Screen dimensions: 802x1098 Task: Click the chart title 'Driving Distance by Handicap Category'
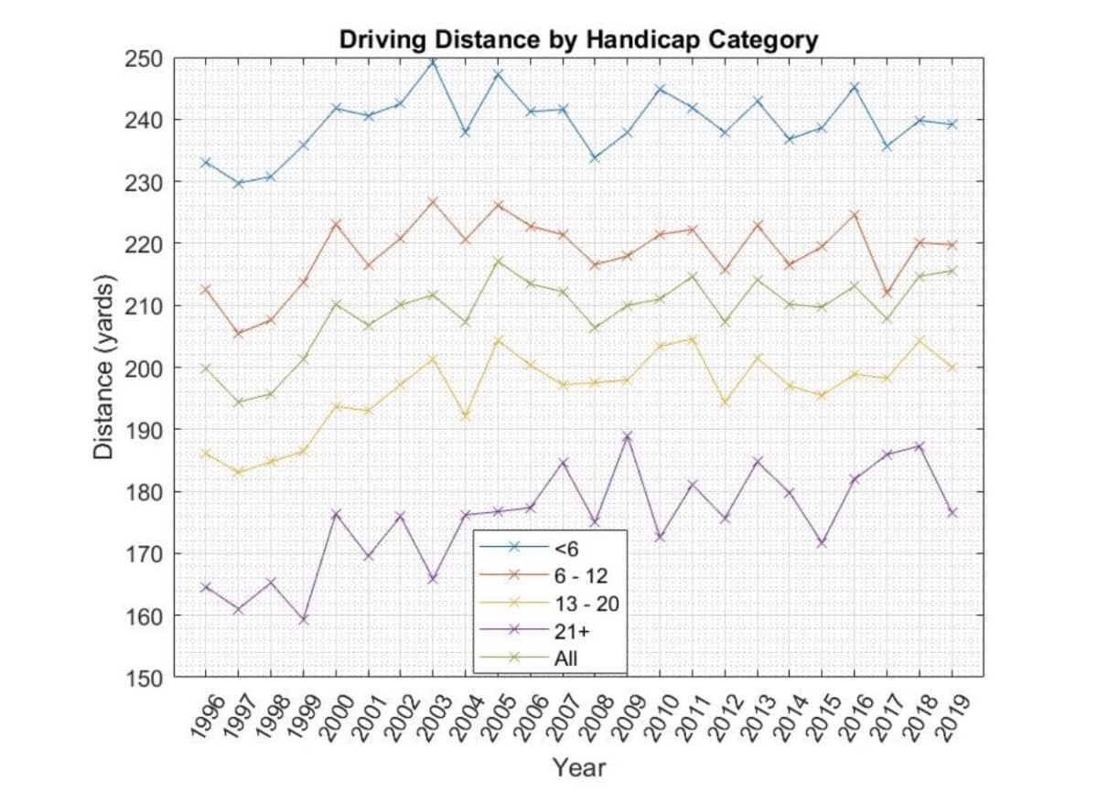[577, 40]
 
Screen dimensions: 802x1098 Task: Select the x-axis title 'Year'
[578, 767]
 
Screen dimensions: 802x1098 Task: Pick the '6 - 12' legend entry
[580, 574]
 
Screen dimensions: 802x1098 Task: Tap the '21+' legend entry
[569, 630]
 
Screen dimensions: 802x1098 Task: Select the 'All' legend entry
[565, 658]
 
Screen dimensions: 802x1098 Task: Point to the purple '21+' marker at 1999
[303, 619]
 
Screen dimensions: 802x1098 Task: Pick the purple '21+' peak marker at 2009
[628, 436]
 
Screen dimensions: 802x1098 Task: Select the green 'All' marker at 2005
[498, 261]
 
